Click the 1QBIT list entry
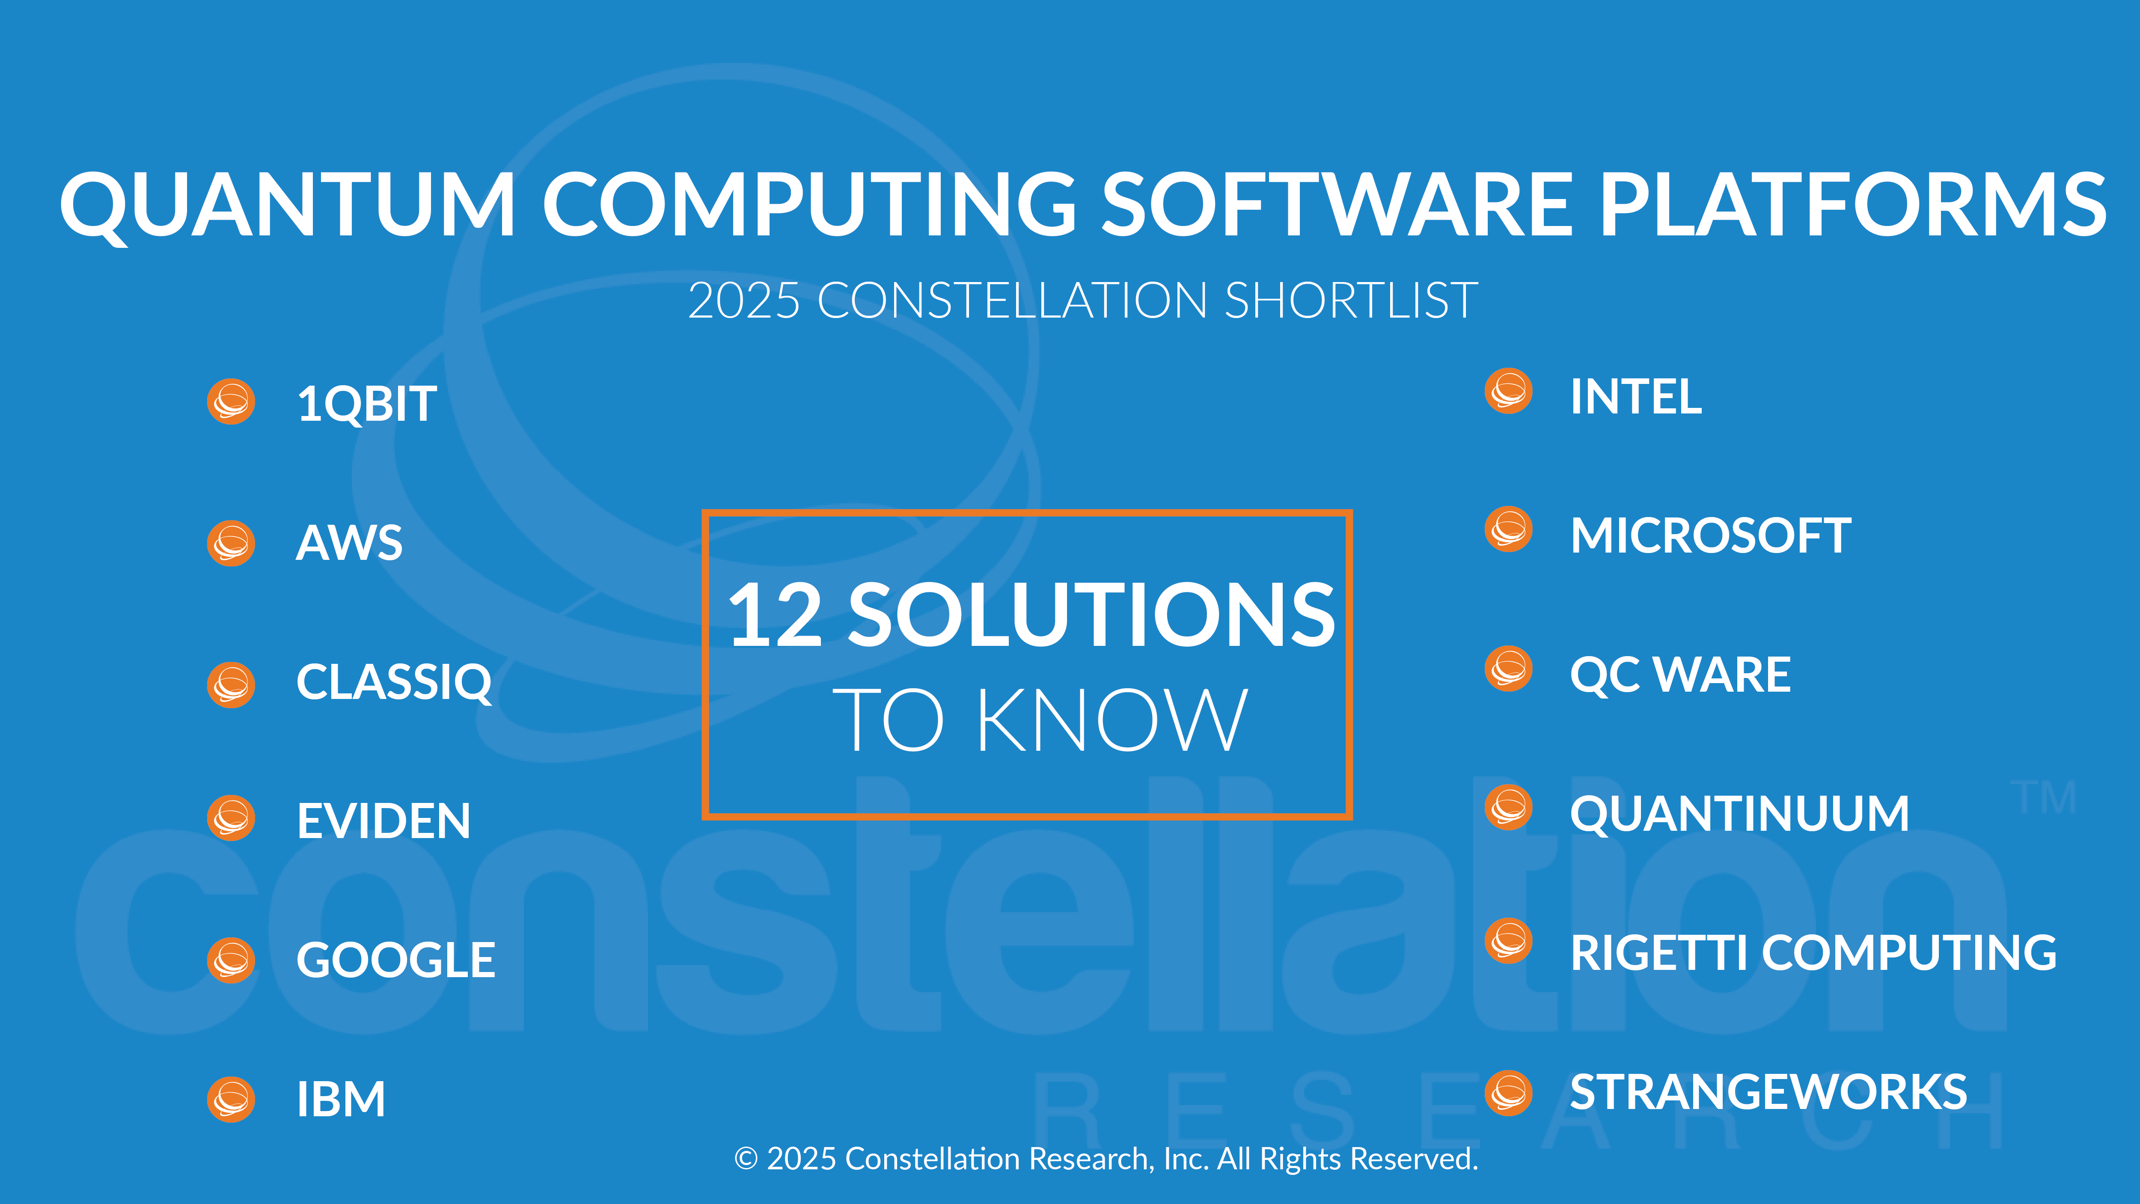pyautogui.click(x=366, y=404)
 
